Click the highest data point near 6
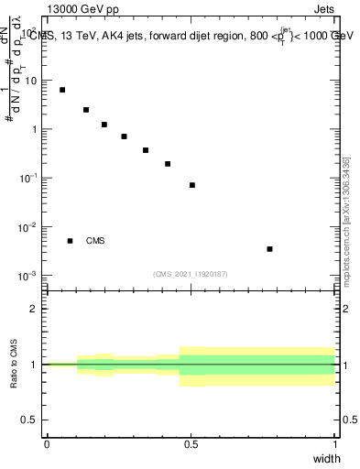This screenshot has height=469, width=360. coord(62,90)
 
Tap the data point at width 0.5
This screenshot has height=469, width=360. coord(192,185)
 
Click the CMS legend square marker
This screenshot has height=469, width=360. coord(70,241)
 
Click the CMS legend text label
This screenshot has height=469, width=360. coord(95,241)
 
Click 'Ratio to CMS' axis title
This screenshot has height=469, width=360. coord(15,365)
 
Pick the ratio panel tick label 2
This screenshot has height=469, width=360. coord(34,309)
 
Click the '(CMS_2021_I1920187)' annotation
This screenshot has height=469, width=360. coord(191,274)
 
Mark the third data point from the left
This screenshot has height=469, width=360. coord(104,125)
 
